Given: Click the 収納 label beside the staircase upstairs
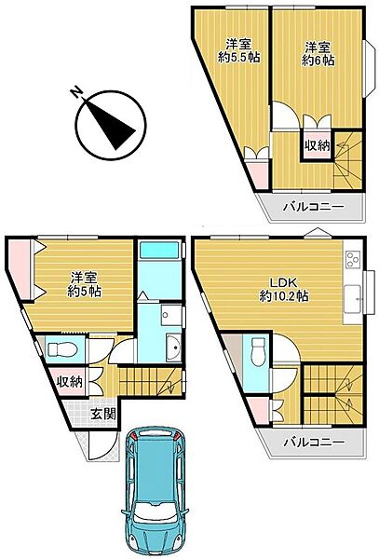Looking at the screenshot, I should click(317, 145).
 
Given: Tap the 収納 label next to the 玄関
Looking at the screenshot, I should click(69, 380).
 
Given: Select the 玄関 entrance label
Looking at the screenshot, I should click(102, 413).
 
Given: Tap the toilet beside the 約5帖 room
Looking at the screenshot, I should click(62, 350).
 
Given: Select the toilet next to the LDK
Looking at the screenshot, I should click(258, 351).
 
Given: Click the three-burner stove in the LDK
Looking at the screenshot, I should click(355, 257).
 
